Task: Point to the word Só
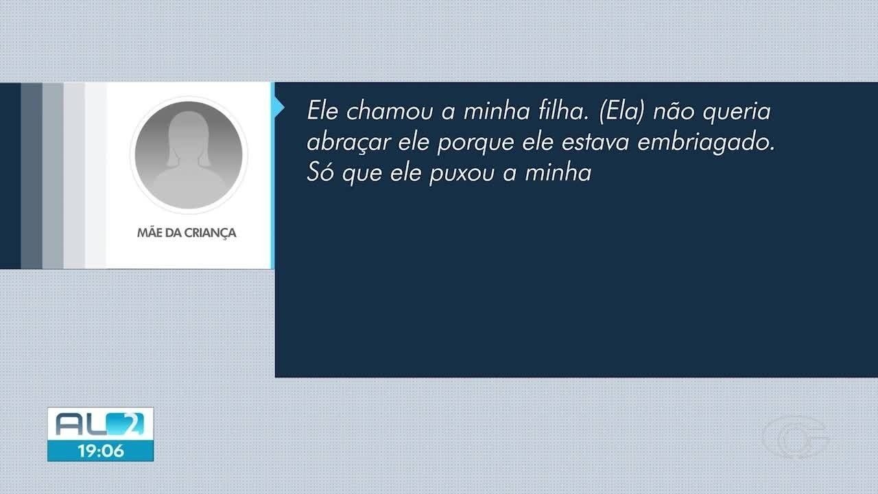319,172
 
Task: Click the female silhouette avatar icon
188,155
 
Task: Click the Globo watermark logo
796,437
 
